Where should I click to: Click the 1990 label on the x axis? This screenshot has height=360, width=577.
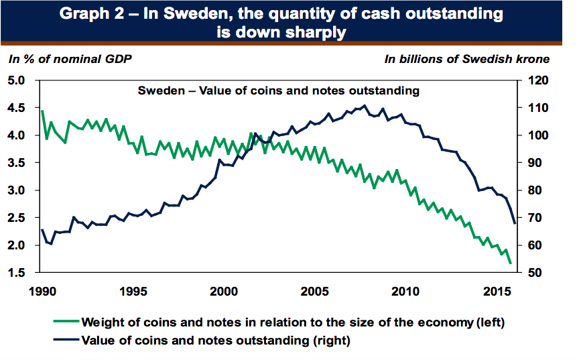coord(42,292)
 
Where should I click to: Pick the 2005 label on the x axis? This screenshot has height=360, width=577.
coord(315,292)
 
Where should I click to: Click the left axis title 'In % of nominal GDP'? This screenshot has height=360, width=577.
coord(70,59)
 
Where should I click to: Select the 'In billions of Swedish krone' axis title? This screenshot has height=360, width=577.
coord(466,59)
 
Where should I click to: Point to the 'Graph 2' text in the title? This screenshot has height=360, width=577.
coord(95,14)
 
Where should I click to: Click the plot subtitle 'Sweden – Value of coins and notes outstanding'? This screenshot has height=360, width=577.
coord(278,91)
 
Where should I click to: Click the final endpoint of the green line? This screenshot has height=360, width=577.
coord(511,263)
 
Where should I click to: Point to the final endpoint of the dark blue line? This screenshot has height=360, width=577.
coord(515,223)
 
